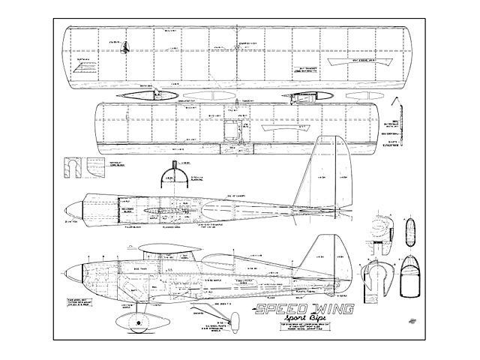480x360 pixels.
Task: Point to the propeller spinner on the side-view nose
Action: (x=69, y=274)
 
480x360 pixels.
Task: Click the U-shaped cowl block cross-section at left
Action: (x=73, y=166)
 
